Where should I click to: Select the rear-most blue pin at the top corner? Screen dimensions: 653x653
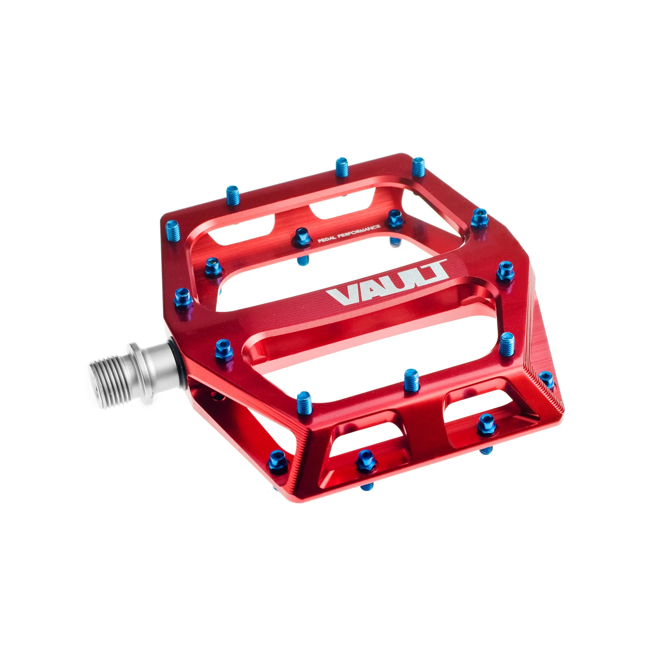(x=418, y=166)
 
